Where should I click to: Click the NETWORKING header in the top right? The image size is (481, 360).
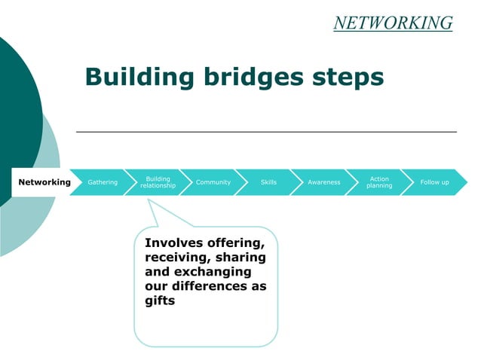tap(393, 23)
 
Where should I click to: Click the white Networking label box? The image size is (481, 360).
tap(44, 182)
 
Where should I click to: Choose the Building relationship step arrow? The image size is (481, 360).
tap(158, 182)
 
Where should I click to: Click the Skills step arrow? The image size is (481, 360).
tap(268, 182)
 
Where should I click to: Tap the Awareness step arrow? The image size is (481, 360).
tap(323, 182)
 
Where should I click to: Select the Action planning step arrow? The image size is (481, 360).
tap(379, 182)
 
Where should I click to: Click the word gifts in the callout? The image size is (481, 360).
tap(159, 301)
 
